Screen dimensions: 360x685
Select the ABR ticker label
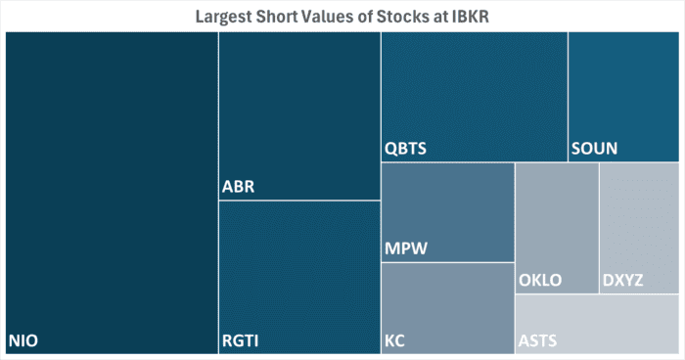point(239,187)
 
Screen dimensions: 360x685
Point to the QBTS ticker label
point(405,150)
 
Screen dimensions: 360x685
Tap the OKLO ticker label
point(540,281)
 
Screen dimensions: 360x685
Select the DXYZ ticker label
point(622,281)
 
